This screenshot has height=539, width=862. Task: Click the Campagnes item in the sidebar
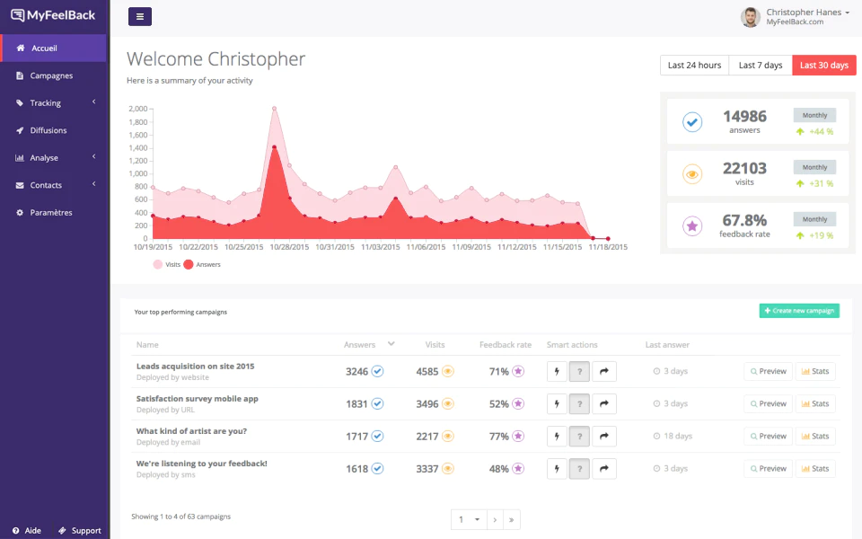coord(51,75)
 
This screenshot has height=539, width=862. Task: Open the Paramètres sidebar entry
coord(50,212)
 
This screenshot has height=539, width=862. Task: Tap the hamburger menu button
coord(140,16)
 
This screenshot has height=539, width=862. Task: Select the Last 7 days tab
coord(761,65)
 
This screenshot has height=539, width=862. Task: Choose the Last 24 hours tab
coord(694,65)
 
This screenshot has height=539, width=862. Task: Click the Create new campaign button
coord(799,311)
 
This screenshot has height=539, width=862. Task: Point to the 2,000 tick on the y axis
coord(138,109)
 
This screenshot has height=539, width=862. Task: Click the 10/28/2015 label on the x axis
coord(289,247)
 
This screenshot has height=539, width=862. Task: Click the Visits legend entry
coord(167,264)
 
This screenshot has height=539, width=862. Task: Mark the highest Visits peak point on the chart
coord(275,109)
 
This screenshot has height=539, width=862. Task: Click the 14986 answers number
coord(744,117)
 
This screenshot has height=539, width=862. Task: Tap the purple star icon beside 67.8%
coord(692,225)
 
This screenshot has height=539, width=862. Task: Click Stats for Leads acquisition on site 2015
coord(815,371)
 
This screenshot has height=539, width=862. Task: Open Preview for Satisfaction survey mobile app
coord(768,403)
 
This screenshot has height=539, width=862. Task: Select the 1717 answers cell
coord(356,437)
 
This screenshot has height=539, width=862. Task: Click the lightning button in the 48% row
coord(557,469)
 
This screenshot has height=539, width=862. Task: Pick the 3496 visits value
coord(427,403)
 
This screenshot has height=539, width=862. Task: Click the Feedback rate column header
coord(506,345)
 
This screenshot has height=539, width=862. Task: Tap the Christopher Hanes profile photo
coord(751,17)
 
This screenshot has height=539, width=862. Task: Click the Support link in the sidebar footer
coord(80,530)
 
